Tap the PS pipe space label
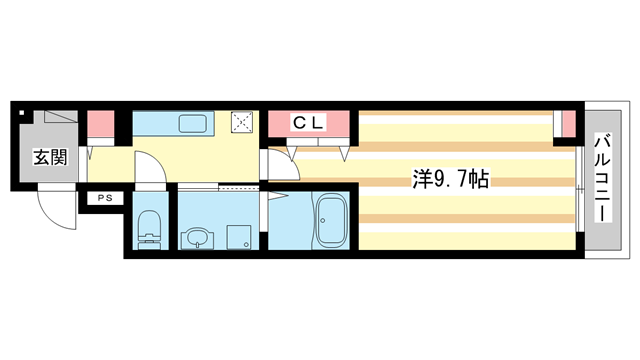tap(104, 199)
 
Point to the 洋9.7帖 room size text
tap(452, 180)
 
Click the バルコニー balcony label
tap(603, 180)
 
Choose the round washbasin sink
tap(196, 237)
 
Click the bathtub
tap(330, 221)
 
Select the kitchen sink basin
tap(192, 124)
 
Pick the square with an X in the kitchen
tap(243, 122)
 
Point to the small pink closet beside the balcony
tap(566, 123)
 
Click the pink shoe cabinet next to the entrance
tap(100, 123)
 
